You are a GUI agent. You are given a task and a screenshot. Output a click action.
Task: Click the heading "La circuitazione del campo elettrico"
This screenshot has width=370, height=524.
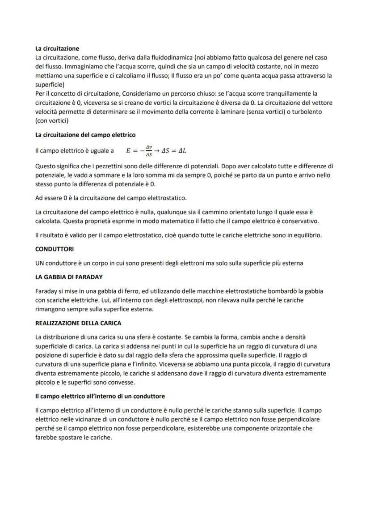[x=85, y=135]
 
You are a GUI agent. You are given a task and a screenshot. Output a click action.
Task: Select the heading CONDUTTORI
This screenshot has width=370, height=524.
[x=54, y=249]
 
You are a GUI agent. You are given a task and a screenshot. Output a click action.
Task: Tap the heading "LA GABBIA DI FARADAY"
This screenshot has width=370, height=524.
[x=69, y=277]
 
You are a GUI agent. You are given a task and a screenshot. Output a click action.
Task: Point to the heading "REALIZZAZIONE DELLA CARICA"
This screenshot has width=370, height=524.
[x=78, y=323]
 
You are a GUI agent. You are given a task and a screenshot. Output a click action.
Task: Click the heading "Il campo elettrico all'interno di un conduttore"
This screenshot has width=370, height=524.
[x=100, y=396]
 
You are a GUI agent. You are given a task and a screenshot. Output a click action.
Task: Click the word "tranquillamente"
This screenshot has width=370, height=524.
[x=278, y=94]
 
